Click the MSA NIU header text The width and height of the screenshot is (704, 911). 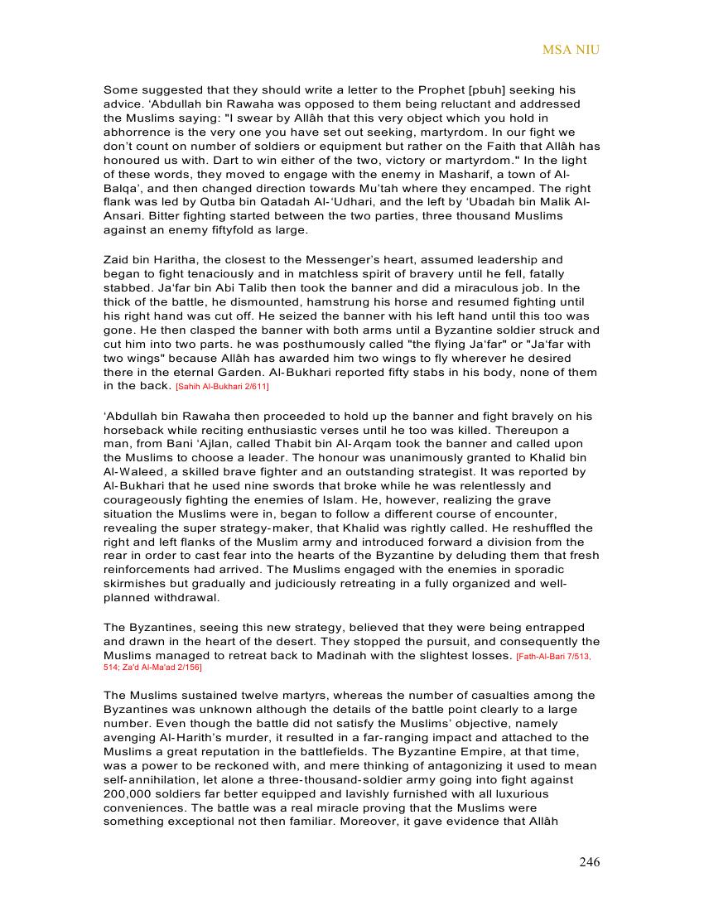click(571, 50)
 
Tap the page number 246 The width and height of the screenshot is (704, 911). click(589, 862)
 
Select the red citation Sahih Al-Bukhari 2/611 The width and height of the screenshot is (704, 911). click(222, 387)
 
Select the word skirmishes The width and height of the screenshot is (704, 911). click(138, 584)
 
